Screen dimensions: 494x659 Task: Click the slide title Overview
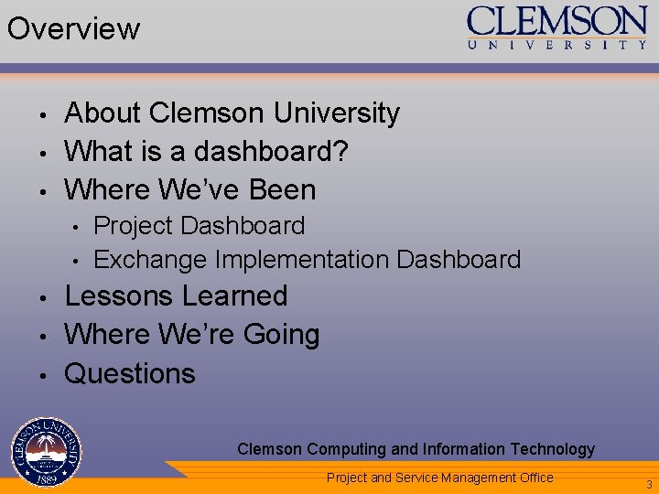(x=73, y=28)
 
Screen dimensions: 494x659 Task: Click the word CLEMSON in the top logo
(x=556, y=21)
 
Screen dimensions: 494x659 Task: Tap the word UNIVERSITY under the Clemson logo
(x=556, y=45)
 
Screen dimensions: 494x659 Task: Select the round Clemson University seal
(x=47, y=451)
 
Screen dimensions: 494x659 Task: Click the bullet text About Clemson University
(x=232, y=113)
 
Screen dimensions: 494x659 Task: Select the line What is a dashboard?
(x=206, y=151)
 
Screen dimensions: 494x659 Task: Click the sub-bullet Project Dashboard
(x=199, y=225)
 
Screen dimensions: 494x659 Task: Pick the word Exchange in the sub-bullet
(x=150, y=260)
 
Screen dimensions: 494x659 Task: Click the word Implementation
(x=302, y=260)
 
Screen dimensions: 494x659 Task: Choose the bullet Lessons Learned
(x=176, y=296)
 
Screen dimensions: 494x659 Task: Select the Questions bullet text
(x=130, y=373)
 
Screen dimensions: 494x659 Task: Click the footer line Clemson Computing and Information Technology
(x=416, y=449)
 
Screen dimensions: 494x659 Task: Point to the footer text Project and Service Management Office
(x=439, y=478)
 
